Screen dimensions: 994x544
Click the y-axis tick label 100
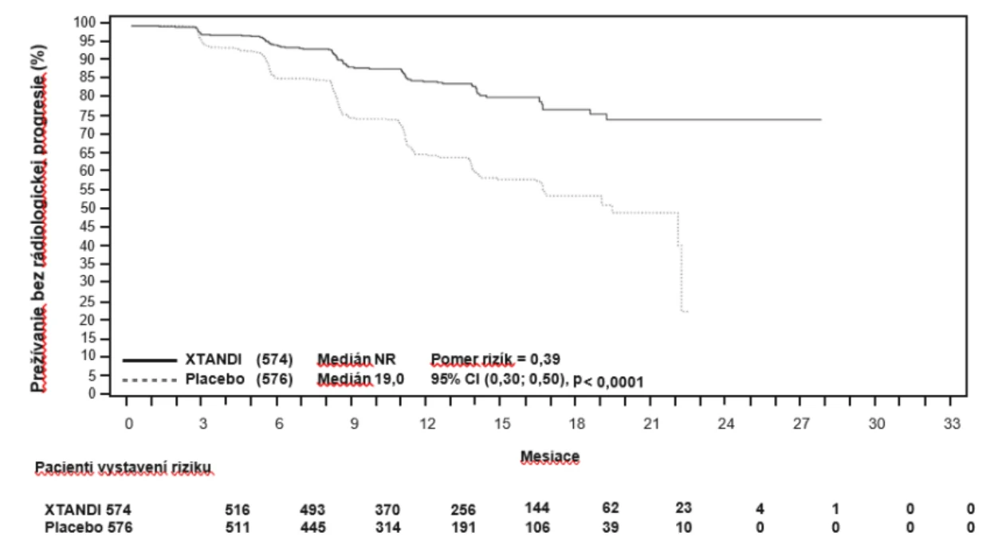(84, 22)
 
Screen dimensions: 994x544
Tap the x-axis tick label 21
(651, 424)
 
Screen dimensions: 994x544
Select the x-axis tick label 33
(952, 424)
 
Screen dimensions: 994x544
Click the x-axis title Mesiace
(550, 456)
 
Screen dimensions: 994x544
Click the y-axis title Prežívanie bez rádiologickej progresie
(38, 218)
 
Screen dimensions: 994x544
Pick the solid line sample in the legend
(150, 361)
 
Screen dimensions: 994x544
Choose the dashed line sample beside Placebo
(150, 380)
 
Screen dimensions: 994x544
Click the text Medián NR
(356, 359)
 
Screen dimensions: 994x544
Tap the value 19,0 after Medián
(389, 379)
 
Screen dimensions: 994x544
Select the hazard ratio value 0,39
(545, 359)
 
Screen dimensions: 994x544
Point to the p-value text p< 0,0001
(608, 381)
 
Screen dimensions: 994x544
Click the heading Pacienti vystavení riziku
(123, 468)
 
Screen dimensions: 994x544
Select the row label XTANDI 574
(88, 510)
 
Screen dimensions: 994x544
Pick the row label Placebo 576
(88, 527)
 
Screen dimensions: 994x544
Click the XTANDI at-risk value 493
(312, 510)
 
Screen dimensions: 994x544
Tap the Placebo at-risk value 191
(463, 527)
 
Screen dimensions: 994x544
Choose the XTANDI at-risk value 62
(611, 508)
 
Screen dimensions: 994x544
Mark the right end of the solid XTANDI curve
(821, 119)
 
